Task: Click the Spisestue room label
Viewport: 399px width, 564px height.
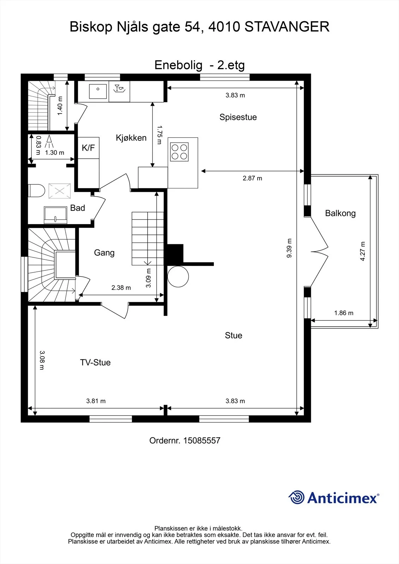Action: coord(238,117)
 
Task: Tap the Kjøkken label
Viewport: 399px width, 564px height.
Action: coord(131,138)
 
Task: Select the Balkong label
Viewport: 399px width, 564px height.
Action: coord(340,213)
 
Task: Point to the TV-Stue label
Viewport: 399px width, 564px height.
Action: coord(95,362)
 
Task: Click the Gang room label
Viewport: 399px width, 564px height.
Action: coord(104,252)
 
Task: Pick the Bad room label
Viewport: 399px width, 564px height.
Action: coord(77,208)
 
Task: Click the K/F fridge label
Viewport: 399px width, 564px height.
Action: coord(88,148)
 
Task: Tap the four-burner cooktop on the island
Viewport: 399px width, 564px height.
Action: coord(179,152)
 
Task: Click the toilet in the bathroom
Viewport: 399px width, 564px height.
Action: coord(36,191)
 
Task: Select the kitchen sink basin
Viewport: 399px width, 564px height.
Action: coord(98,91)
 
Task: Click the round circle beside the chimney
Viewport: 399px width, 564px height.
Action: coord(178,276)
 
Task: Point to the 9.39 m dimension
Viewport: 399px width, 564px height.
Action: coord(289,248)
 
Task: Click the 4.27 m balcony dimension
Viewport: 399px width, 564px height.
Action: coord(362,251)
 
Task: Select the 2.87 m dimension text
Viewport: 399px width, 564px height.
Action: coord(252,178)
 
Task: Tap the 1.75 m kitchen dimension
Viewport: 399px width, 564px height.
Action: coord(159,135)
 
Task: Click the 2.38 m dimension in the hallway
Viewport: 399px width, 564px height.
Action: coord(121,288)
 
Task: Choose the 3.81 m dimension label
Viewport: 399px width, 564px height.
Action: coord(96,401)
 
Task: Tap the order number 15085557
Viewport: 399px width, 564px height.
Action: coord(202,440)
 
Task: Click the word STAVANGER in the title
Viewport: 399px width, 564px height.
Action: coord(287,27)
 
